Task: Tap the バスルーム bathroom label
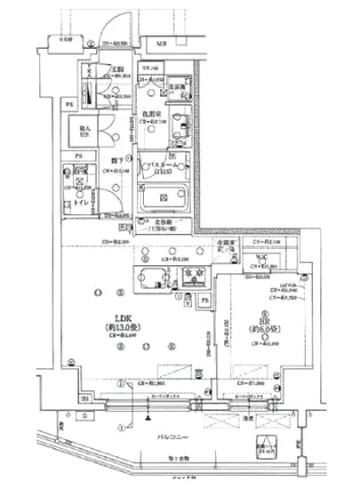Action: (x=163, y=164)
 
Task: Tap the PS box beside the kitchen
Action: (x=204, y=302)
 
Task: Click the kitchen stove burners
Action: (x=193, y=275)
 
